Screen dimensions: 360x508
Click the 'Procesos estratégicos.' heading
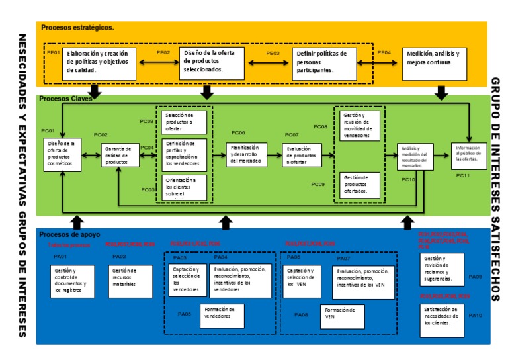pyautogui.click(x=77, y=28)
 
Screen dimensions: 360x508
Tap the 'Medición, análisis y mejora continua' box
pyautogui.click(x=435, y=61)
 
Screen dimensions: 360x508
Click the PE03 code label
pyautogui.click(x=273, y=52)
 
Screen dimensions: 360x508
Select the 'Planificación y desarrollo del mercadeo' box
pyautogui.click(x=246, y=154)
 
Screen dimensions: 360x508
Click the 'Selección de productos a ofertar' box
pyautogui.click(x=184, y=122)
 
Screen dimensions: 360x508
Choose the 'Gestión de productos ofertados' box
pyautogui.click(x=361, y=185)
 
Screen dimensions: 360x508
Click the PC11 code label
pyautogui.click(x=462, y=175)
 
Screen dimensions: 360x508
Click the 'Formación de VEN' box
pyautogui.click(x=343, y=316)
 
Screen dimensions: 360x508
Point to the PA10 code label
pyautogui.click(x=476, y=316)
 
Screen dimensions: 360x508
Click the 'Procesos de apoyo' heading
pyautogui.click(x=69, y=234)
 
